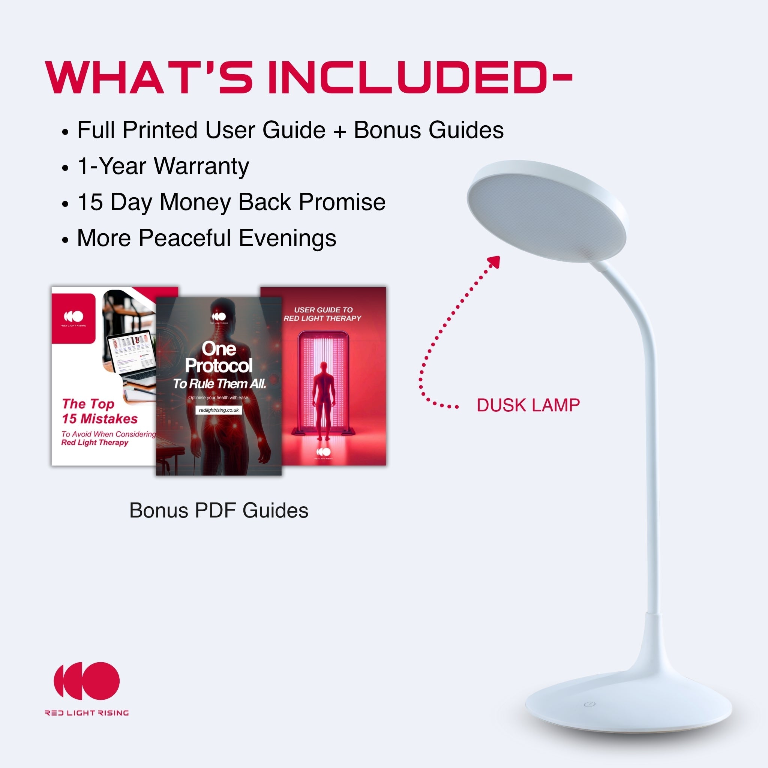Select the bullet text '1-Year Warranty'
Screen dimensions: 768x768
pyautogui.click(x=163, y=166)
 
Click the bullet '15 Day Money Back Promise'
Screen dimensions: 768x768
pyautogui.click(x=231, y=202)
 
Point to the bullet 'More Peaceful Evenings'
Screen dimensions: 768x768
pyautogui.click(x=206, y=238)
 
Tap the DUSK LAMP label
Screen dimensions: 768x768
pyautogui.click(x=528, y=405)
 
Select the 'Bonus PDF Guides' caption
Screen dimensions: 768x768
pyautogui.click(x=219, y=510)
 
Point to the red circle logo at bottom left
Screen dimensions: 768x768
pyautogui.click(x=87, y=681)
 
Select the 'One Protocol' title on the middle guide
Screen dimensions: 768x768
pyautogui.click(x=219, y=357)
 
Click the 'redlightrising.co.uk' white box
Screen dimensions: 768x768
pyautogui.click(x=219, y=410)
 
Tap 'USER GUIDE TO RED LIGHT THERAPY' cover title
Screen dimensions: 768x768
pyautogui.click(x=323, y=314)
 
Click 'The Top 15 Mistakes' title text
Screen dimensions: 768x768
pyautogui.click(x=99, y=411)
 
